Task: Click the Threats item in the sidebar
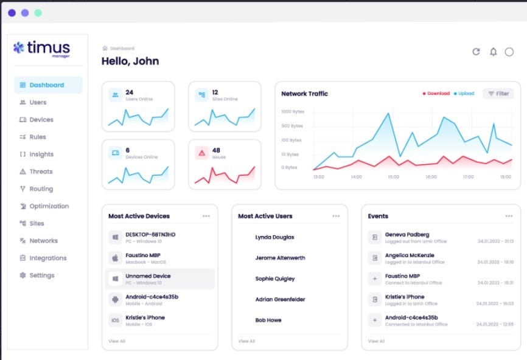[x=41, y=171]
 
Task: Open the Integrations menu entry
[x=47, y=258]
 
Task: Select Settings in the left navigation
[x=41, y=275]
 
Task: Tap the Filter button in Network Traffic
[x=498, y=94]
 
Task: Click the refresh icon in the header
[x=476, y=52]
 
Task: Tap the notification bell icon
[x=493, y=52]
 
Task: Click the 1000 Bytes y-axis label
[x=291, y=112]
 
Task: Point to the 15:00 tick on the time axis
[x=393, y=177]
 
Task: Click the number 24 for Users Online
[x=130, y=92]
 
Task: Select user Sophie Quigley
[x=274, y=279]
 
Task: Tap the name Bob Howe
[x=268, y=320]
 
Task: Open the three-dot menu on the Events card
[x=509, y=216]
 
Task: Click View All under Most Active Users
[x=246, y=341]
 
